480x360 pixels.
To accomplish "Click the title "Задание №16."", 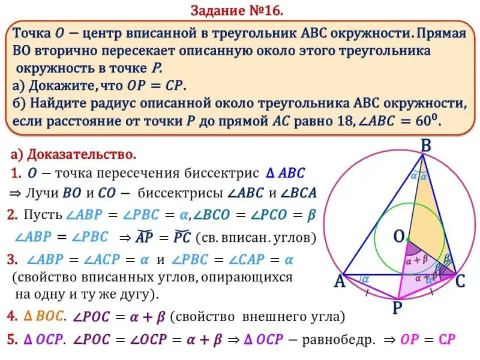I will pyautogui.click(x=236, y=10).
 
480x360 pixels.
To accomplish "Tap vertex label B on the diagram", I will pyautogui.click(x=426, y=145).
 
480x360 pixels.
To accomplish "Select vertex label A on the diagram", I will pyautogui.click(x=340, y=281).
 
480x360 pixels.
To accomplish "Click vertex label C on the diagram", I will pyautogui.click(x=461, y=281).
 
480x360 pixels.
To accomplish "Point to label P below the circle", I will pyautogui.click(x=397, y=308).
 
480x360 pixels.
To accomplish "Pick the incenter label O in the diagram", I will pyautogui.click(x=398, y=237).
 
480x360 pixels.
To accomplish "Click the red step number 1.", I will pyautogui.click(x=16, y=174).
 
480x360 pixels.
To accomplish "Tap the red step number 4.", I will pyautogui.click(x=11, y=316).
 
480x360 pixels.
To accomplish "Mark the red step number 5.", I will pyautogui.click(x=11, y=340).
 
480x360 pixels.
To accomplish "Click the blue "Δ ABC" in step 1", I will pyautogui.click(x=285, y=173).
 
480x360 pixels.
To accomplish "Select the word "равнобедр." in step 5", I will pyautogui.click(x=338, y=340).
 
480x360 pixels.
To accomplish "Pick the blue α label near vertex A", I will pyautogui.click(x=365, y=279).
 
